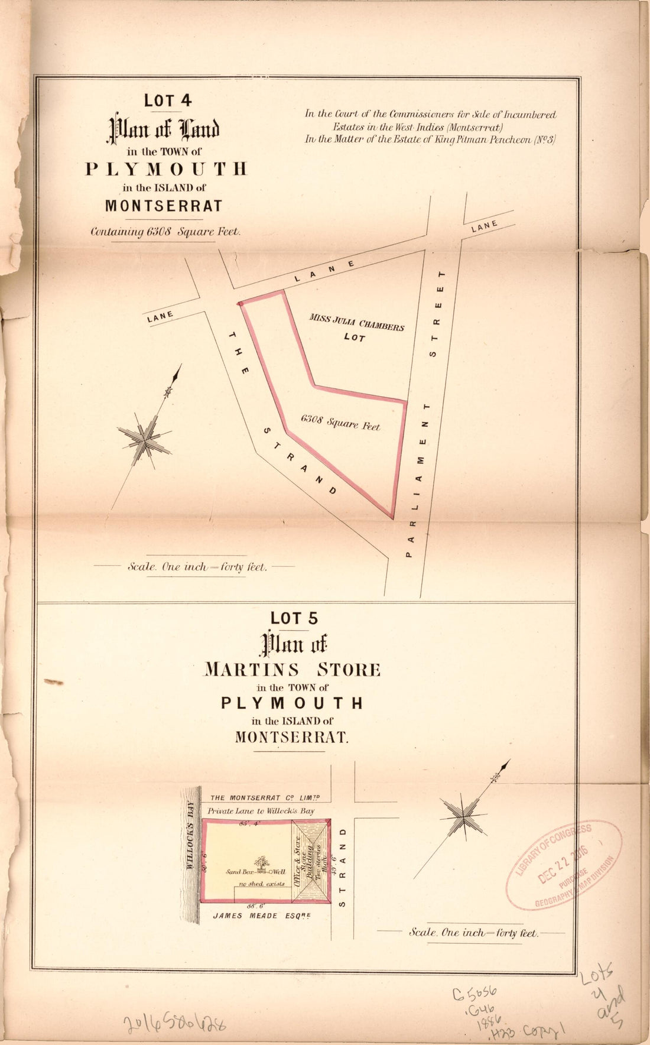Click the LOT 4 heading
tap(168, 100)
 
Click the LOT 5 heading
tap(294, 618)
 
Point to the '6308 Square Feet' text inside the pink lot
tap(340, 422)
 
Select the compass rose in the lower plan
tap(464, 818)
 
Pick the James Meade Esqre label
tap(262, 916)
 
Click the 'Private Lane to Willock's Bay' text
tap(261, 811)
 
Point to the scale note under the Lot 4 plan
tap(197, 566)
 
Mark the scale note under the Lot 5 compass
tap(473, 933)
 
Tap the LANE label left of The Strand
tap(160, 317)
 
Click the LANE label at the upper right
tap(485, 226)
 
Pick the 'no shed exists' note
tap(261, 884)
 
